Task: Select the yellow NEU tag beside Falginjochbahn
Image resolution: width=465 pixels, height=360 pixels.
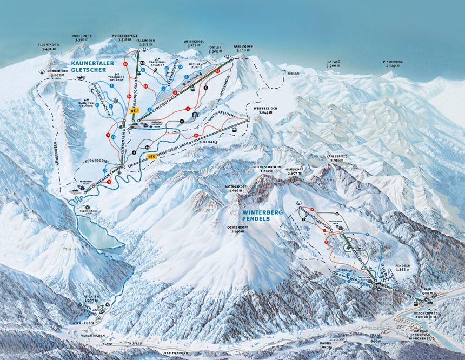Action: click(x=135, y=110)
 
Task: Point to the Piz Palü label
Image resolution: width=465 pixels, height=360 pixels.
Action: click(x=336, y=64)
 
